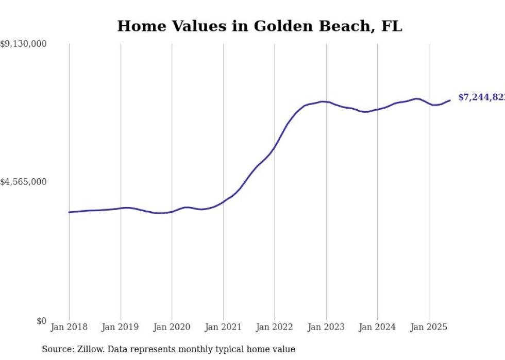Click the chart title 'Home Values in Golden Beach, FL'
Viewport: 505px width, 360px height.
(x=259, y=26)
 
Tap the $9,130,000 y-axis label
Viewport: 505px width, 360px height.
(x=23, y=44)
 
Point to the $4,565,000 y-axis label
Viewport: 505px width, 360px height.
(x=23, y=182)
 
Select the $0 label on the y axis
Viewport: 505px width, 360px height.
(x=41, y=321)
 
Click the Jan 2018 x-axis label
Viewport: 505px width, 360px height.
(x=69, y=327)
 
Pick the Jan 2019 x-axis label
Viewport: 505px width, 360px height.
(x=121, y=327)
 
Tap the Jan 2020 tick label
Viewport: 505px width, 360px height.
(x=172, y=327)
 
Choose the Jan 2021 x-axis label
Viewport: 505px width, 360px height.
(x=223, y=327)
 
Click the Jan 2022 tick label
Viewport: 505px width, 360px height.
(x=275, y=327)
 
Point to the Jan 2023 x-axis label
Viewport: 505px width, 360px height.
(x=326, y=327)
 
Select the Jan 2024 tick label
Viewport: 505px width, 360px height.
(x=377, y=327)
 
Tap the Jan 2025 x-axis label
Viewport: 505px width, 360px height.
(x=429, y=327)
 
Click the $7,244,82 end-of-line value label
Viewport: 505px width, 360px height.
(x=481, y=97)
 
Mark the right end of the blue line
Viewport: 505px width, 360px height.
(x=450, y=100)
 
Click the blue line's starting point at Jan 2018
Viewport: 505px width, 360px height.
(x=69, y=212)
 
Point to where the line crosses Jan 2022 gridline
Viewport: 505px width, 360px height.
(x=275, y=146)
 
